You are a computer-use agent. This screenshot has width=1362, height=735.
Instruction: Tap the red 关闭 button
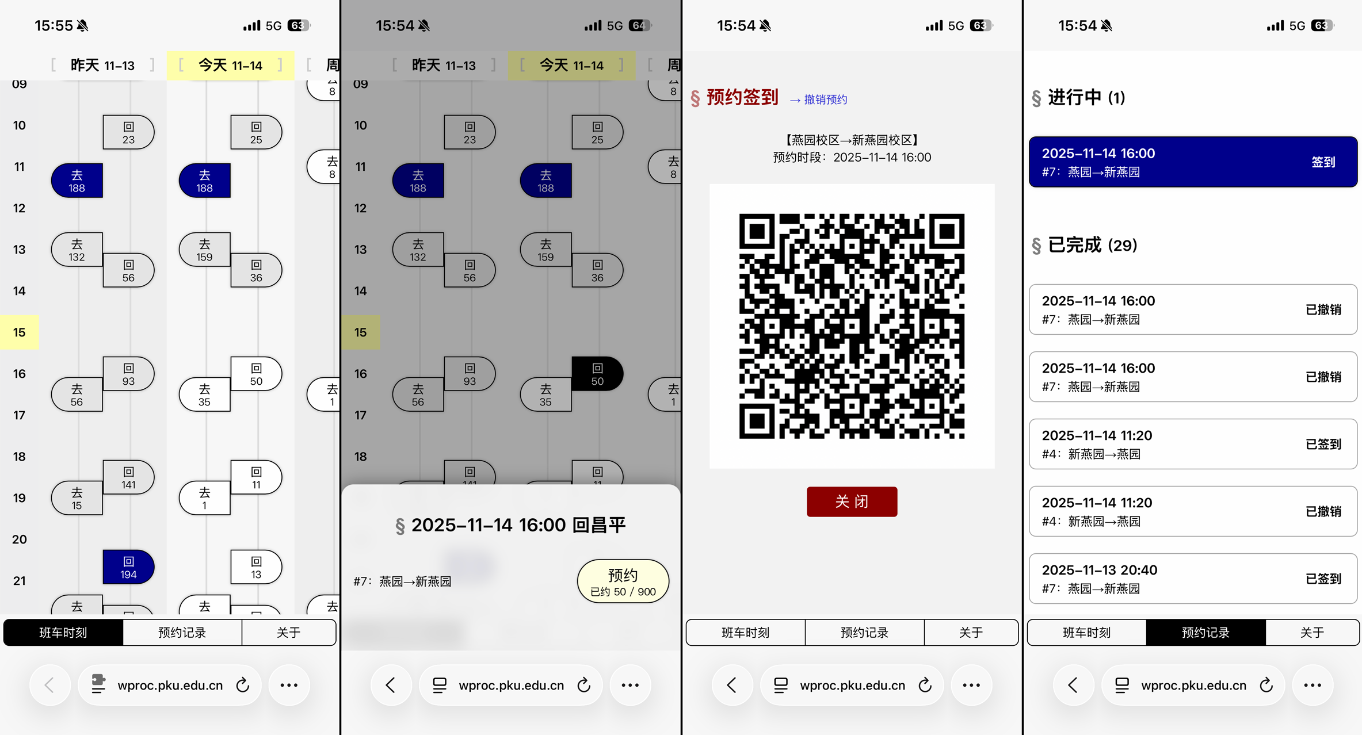[852, 502]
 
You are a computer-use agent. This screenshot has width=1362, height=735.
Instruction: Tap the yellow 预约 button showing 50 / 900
[623, 581]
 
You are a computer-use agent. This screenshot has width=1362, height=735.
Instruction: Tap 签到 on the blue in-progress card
[1323, 162]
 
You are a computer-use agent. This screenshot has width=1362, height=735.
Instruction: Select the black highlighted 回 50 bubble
[597, 374]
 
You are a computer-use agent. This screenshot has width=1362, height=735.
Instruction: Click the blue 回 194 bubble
[128, 567]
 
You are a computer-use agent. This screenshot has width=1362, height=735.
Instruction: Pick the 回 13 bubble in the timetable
[256, 567]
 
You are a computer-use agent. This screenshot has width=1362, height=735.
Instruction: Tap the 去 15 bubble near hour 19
[77, 498]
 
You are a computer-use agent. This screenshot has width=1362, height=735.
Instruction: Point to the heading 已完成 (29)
[1092, 246]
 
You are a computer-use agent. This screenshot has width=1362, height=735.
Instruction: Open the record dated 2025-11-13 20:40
[1193, 579]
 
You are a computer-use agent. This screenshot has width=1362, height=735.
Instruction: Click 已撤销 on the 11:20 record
[1323, 511]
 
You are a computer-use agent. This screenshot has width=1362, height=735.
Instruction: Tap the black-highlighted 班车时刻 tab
[63, 633]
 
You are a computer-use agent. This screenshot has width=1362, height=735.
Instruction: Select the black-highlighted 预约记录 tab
[1205, 633]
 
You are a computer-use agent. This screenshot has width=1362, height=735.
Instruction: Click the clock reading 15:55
[54, 26]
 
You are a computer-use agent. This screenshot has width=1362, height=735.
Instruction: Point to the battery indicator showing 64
[639, 26]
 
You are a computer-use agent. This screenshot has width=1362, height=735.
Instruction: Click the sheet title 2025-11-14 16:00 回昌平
[518, 525]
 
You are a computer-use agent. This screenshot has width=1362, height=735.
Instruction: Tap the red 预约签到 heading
[742, 98]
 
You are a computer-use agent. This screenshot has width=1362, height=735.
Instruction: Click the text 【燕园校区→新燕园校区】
[852, 140]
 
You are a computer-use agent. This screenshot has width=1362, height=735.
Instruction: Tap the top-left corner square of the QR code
[757, 231]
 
